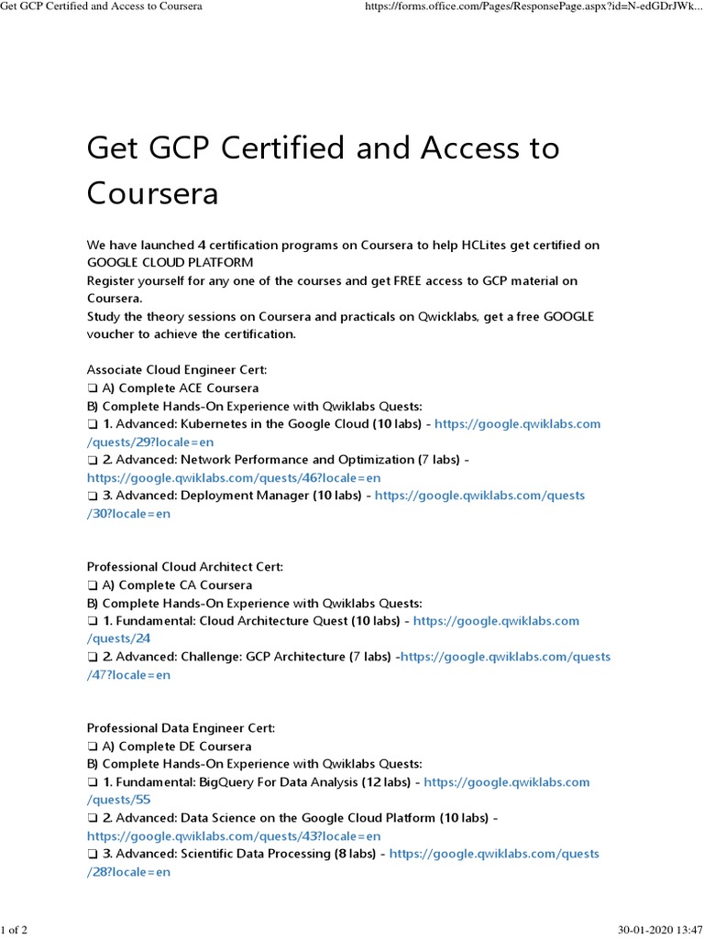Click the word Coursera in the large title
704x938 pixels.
pos(153,194)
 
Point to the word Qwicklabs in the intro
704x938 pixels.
pos(451,316)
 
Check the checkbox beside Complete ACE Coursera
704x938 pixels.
pos(93,388)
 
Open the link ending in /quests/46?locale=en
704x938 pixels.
pos(234,477)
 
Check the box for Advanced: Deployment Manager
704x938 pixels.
pos(93,496)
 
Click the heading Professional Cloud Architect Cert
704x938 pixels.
pos(185,567)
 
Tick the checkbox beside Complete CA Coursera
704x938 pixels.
pos(93,585)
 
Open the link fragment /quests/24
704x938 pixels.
pos(119,638)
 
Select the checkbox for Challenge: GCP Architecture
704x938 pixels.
pos(93,657)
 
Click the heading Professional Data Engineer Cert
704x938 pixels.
pos(181,728)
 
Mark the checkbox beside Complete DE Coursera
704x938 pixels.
pos(93,747)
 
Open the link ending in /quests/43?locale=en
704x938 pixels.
pos(234,835)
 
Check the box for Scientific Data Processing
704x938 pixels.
pos(93,854)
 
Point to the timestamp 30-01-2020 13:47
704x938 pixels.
pos(656,931)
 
